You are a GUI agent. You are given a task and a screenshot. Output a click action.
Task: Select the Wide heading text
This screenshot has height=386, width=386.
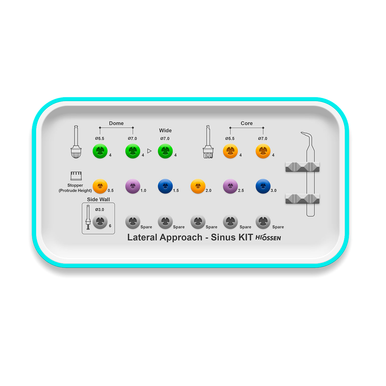point(165,130)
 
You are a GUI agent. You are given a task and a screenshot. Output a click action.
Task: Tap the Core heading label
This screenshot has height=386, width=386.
point(246,124)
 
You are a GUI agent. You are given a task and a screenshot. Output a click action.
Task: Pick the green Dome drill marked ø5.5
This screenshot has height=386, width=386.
point(99,152)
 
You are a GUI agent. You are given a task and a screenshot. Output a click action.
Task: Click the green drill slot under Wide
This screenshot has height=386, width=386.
point(165,152)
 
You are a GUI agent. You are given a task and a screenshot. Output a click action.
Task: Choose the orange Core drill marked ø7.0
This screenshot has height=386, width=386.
point(264,152)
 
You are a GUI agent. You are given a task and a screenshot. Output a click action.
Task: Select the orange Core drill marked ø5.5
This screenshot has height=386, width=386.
point(230,152)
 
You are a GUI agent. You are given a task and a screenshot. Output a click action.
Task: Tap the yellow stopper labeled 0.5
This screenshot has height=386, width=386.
point(99,186)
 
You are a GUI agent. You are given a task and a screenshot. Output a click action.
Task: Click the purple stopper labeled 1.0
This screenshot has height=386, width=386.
point(132,186)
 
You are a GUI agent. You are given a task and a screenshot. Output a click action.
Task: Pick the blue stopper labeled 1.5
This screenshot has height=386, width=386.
point(165,186)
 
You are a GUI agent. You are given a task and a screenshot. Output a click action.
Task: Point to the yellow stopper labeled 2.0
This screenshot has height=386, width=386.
point(198,186)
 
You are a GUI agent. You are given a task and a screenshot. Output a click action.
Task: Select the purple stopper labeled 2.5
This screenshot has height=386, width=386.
point(231,186)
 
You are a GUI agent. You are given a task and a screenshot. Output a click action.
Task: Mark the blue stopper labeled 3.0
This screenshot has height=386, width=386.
point(264,186)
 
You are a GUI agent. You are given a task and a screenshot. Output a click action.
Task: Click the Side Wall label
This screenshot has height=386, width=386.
point(98,200)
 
